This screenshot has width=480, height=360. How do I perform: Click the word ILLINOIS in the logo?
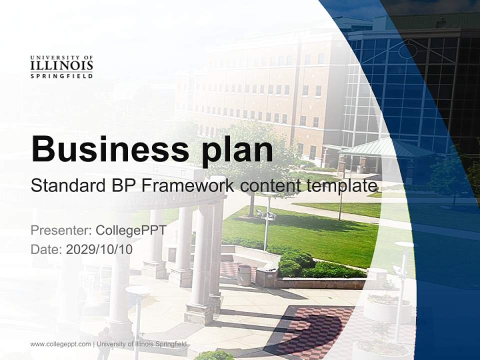[x=61, y=65]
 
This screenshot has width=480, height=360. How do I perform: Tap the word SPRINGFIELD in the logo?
[x=61, y=76]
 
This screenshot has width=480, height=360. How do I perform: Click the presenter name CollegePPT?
[x=131, y=230]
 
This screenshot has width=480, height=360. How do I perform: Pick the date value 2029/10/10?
[x=99, y=249]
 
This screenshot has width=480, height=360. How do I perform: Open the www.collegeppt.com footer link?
[x=60, y=344]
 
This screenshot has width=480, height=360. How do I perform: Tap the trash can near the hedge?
[x=244, y=274]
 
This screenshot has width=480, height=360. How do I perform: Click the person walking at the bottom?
[x=105, y=343]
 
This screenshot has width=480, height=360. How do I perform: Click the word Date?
[x=46, y=249]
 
